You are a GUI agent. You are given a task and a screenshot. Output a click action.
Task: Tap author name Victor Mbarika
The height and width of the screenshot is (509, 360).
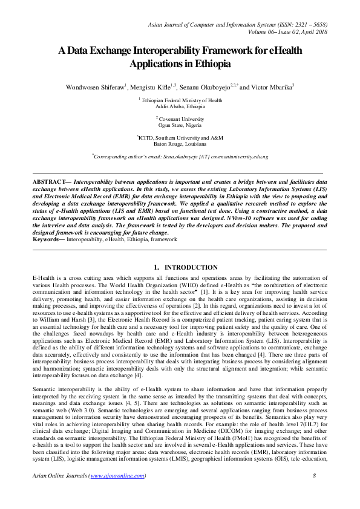click(272, 87)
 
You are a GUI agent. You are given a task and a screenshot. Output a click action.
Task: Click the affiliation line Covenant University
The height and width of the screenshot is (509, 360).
click(182, 119)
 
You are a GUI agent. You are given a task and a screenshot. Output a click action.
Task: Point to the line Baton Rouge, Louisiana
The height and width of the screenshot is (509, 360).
click(180, 144)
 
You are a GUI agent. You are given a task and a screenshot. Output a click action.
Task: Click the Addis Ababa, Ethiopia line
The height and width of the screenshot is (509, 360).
click(180, 106)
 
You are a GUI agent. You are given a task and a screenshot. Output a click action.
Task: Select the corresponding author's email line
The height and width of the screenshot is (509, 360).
click(180, 156)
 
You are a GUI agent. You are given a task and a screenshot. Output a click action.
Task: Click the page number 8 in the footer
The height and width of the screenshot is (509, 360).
click(315, 493)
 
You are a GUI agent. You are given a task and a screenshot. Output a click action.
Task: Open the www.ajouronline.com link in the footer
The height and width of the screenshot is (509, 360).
click(118, 493)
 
